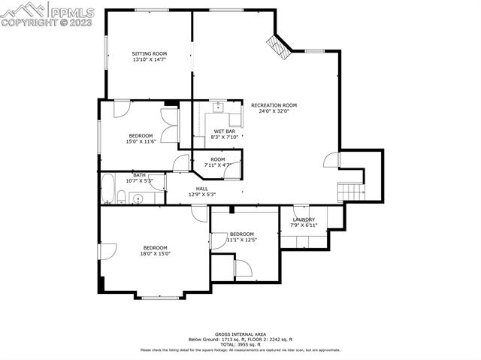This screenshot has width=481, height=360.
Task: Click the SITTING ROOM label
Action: pyautogui.click(x=149, y=54)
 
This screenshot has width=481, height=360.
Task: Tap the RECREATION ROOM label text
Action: pyautogui.click(x=274, y=105)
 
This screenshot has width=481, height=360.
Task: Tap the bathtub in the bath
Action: pyautogui.click(x=107, y=189)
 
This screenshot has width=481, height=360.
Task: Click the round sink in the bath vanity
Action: pyautogui.click(x=138, y=199)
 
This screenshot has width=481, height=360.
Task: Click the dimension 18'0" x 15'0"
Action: pyautogui.click(x=156, y=254)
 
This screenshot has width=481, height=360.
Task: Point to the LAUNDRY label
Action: pyautogui.click(x=304, y=219)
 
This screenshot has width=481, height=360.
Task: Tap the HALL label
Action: pyautogui.click(x=201, y=189)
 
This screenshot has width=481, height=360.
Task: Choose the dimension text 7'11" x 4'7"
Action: pyautogui.click(x=217, y=165)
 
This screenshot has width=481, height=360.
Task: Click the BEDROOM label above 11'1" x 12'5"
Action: pyautogui.click(x=242, y=234)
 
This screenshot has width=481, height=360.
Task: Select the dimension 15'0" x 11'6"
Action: pyautogui.click(x=141, y=142)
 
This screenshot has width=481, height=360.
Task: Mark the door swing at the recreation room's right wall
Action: pyautogui.click(x=330, y=159)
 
